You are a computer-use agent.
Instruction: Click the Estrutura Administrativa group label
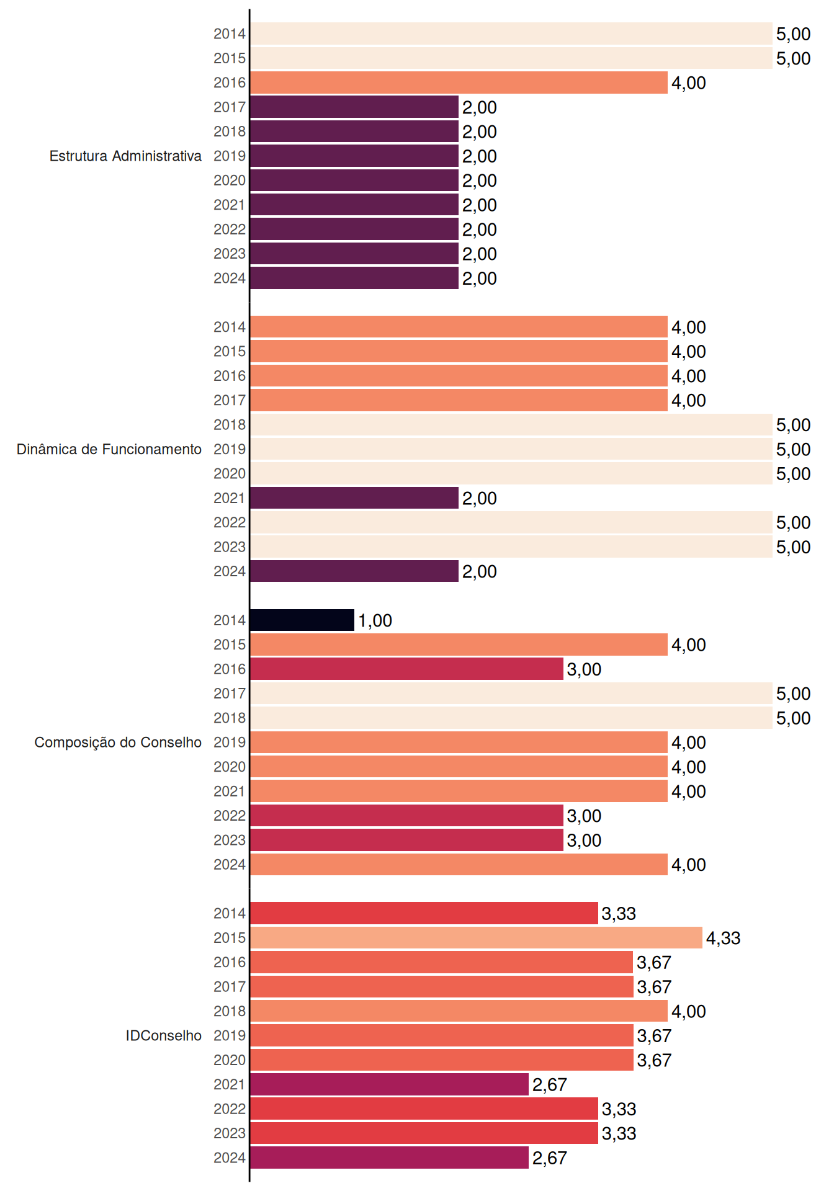pos(125,156)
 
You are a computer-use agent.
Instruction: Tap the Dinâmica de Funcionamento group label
pos(109,449)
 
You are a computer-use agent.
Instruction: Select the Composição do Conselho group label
pos(118,743)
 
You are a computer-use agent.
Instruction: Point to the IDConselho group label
pos(164,1035)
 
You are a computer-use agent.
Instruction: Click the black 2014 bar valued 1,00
pos(302,620)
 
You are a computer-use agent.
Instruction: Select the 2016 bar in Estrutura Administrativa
pos(459,83)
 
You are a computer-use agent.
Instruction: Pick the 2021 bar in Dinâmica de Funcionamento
pos(354,498)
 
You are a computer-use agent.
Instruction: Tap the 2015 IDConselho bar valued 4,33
pos(477,938)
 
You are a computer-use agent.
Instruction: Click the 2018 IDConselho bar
pos(459,1011)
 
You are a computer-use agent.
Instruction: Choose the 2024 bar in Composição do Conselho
pos(459,865)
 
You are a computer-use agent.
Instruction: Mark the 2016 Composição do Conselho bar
pos(407,669)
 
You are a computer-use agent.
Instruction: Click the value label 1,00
pos(375,621)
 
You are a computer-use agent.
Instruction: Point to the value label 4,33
pos(724,939)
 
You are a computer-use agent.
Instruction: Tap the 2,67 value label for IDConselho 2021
pos(550,1085)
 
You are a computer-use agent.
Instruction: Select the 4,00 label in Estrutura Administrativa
pos(689,83)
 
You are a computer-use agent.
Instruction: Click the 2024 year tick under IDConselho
pos(230,1158)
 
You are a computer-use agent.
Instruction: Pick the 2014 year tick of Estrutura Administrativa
pos(230,34)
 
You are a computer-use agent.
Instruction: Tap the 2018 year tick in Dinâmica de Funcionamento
pos(230,425)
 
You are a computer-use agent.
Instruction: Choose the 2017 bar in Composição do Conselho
pos(511,694)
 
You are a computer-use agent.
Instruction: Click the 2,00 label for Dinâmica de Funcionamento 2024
pos(480,572)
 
